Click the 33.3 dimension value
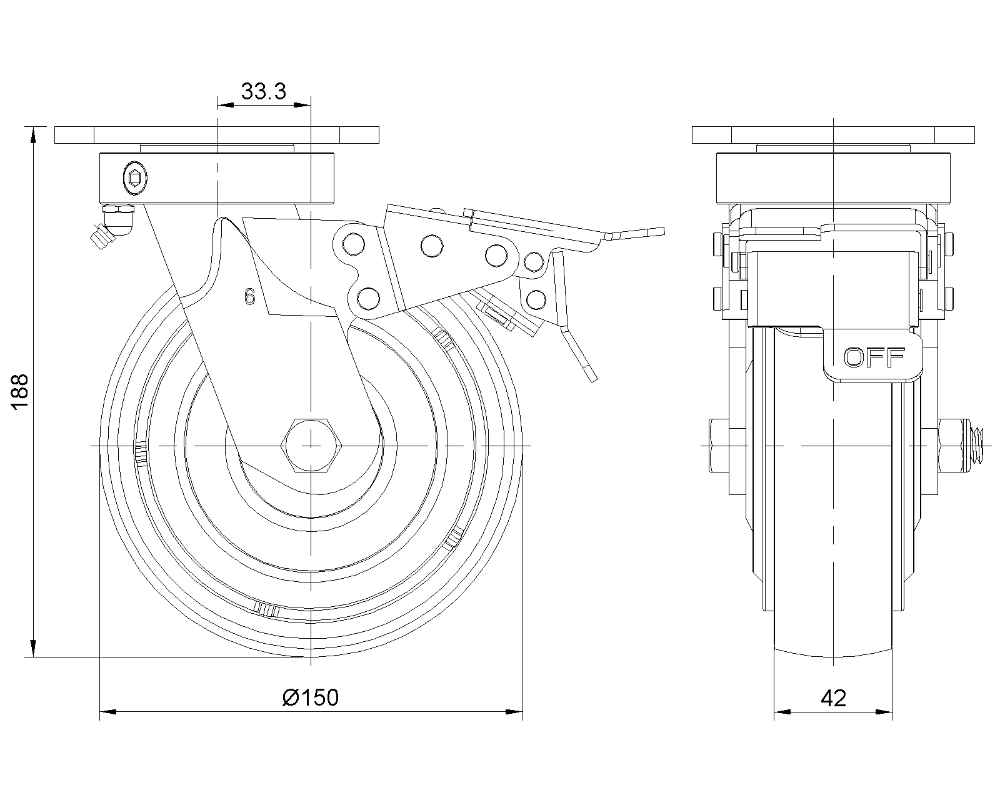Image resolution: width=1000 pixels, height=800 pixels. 264,92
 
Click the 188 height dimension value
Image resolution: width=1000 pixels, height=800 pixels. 20,391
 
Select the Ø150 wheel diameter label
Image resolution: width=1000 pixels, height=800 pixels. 311,697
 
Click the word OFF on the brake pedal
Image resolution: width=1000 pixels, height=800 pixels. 874,357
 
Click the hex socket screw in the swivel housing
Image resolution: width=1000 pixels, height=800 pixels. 132,178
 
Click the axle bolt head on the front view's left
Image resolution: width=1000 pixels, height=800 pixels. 719,446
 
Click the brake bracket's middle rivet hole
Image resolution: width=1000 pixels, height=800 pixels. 430,246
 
